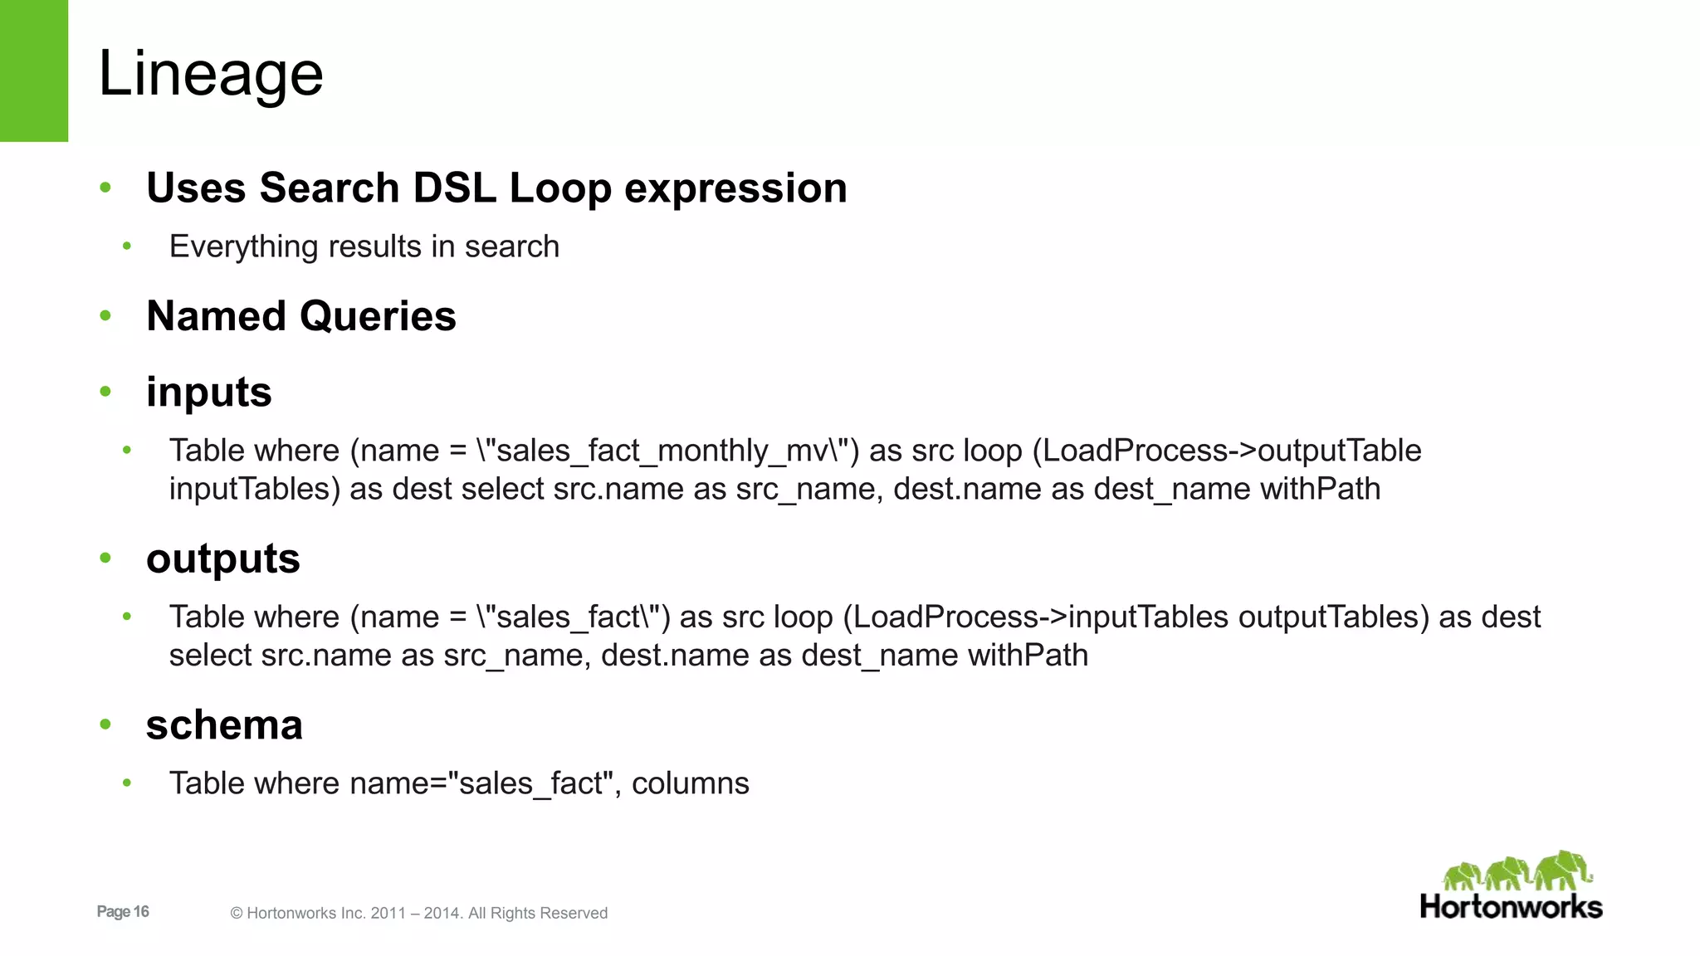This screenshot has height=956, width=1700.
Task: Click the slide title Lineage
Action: (211, 74)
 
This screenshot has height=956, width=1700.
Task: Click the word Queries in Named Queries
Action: (378, 316)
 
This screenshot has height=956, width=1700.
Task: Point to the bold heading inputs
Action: (208, 392)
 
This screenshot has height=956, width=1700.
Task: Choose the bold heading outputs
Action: (222, 558)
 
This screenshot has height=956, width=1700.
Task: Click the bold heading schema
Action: (224, 724)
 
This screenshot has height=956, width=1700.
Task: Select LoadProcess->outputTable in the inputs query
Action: (1232, 451)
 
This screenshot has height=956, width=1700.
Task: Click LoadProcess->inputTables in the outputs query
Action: (1041, 617)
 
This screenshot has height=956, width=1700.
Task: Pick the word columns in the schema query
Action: (690, 783)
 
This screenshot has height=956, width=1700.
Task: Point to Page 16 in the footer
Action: (123, 911)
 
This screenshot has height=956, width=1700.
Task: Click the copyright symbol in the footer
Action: (237, 914)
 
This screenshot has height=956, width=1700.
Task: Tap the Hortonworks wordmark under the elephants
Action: (1511, 907)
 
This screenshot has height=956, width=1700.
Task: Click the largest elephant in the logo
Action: (1563, 869)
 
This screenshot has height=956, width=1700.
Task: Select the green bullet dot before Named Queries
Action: (105, 315)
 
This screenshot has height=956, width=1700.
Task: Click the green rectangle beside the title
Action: (34, 71)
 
